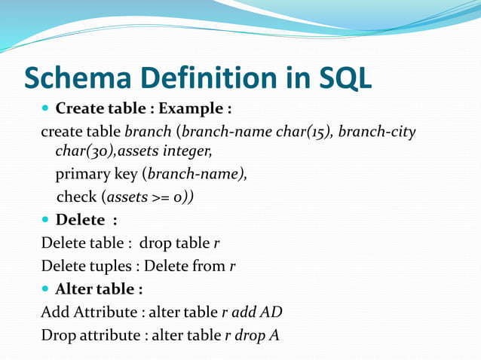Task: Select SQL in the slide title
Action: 344,78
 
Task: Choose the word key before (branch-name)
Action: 125,175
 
